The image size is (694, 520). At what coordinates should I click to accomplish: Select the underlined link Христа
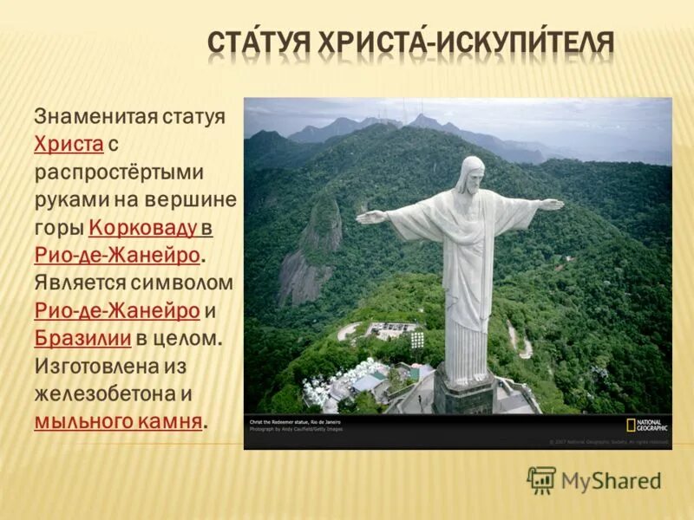[69, 144]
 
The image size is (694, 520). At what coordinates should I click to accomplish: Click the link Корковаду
[143, 228]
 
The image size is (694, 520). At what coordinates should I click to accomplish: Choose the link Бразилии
[83, 338]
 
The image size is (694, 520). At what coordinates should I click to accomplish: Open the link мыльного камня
[118, 421]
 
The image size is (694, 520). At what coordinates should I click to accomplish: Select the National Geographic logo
[645, 425]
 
